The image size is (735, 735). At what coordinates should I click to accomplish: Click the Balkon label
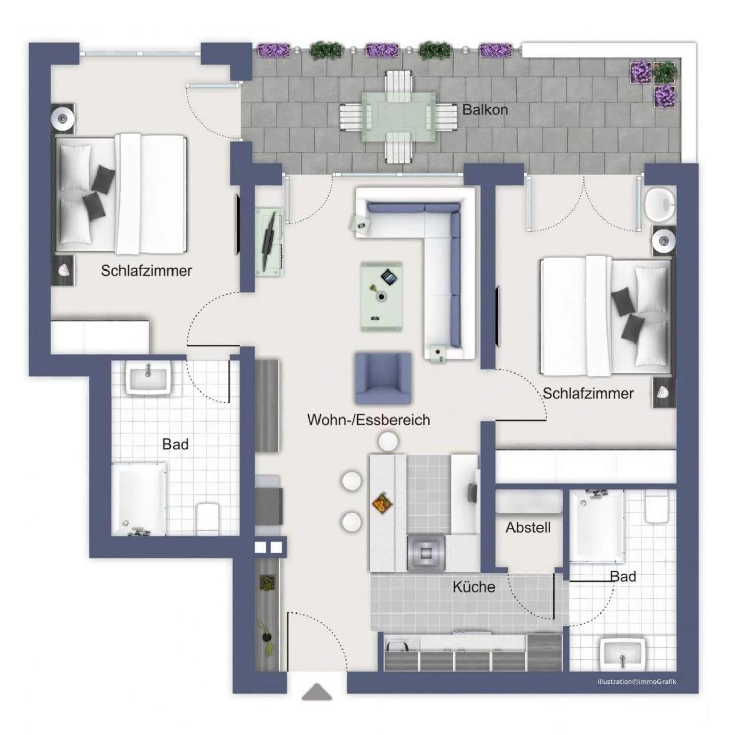(485, 110)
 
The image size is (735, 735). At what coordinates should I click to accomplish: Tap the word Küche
(474, 587)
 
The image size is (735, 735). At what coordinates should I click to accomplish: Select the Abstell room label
(528, 527)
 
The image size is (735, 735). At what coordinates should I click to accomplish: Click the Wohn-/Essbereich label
(369, 420)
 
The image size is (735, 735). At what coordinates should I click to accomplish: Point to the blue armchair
(383, 378)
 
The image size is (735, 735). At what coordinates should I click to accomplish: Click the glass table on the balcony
(398, 117)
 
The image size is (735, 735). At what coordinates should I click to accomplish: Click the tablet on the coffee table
(389, 276)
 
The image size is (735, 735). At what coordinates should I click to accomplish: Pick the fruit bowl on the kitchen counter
(381, 504)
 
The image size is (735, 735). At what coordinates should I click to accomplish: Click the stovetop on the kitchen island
(426, 553)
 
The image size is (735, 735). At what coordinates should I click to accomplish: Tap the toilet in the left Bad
(207, 519)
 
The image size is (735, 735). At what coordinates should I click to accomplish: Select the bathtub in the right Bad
(597, 526)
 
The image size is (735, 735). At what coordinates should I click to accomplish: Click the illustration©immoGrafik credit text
(637, 681)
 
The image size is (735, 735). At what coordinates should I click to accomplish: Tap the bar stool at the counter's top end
(388, 442)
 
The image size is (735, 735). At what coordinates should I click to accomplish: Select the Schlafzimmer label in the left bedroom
(146, 271)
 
